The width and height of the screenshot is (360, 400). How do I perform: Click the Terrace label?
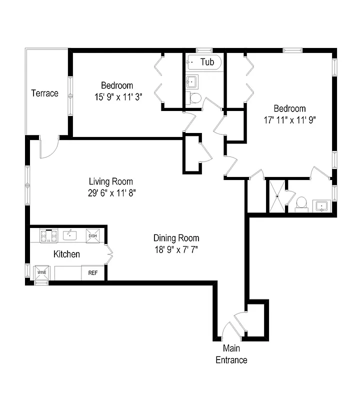[45, 93]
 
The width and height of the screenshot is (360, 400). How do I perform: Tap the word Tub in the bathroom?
[207, 62]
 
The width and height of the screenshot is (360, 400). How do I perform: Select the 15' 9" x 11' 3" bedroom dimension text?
[115, 97]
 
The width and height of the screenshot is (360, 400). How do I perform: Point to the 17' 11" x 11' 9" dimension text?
[290, 120]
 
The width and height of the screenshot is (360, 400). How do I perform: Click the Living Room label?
[111, 181]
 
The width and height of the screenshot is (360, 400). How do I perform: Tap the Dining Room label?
[176, 238]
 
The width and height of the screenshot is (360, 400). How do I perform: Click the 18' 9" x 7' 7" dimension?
[176, 249]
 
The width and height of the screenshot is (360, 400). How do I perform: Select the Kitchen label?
[66, 254]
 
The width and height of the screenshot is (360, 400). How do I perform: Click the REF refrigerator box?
[93, 273]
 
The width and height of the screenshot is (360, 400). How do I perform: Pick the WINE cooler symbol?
[40, 273]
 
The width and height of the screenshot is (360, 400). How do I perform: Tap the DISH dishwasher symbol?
[92, 235]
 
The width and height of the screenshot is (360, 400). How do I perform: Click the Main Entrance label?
[231, 354]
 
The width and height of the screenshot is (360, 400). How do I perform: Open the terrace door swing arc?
[49, 149]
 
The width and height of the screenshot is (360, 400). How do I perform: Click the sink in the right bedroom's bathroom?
[320, 205]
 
